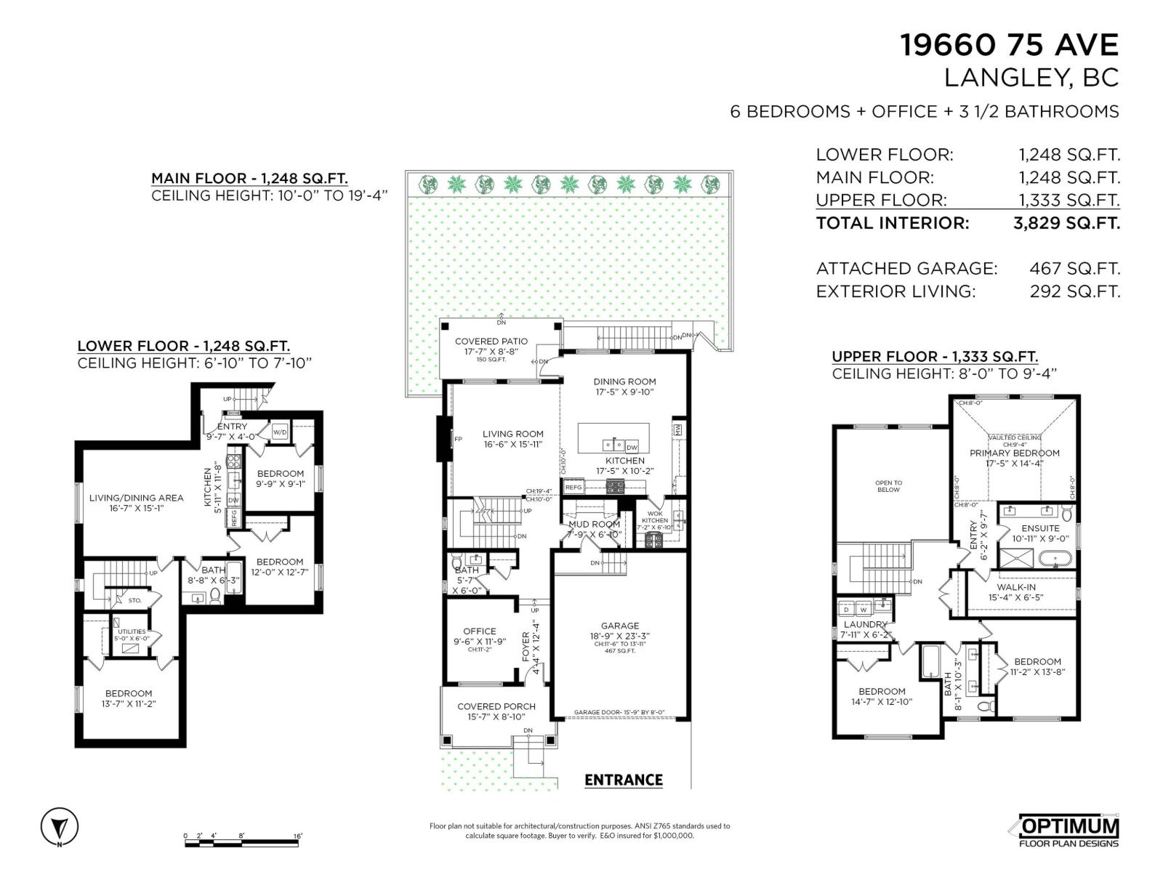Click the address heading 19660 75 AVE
tap(1009, 45)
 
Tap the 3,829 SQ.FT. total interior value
tap(1066, 223)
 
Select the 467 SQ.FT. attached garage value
tap(1074, 268)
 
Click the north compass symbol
tap(60, 827)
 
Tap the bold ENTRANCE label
tap(624, 780)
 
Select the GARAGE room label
tap(620, 626)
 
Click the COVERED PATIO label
tap(491, 342)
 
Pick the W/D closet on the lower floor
tap(280, 432)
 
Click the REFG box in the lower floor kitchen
tap(234, 517)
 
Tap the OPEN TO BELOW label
tap(888, 486)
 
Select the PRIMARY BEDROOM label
tap(1015, 453)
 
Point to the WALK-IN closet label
tap(1016, 587)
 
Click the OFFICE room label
tap(480, 631)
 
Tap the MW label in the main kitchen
tap(678, 431)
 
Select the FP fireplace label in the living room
tap(458, 440)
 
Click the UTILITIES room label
tap(132, 631)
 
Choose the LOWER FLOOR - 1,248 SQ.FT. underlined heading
tap(183, 347)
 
